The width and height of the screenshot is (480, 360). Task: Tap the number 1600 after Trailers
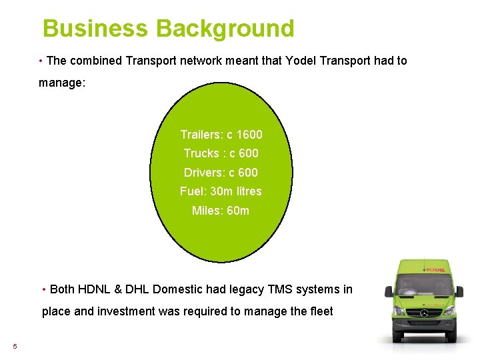click(249, 135)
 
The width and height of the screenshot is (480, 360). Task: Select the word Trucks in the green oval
click(201, 153)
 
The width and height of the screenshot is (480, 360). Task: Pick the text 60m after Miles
click(238, 211)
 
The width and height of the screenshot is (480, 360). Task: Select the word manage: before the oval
click(62, 83)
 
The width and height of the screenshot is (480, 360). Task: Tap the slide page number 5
click(15, 346)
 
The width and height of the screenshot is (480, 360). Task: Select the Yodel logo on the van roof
click(435, 269)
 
